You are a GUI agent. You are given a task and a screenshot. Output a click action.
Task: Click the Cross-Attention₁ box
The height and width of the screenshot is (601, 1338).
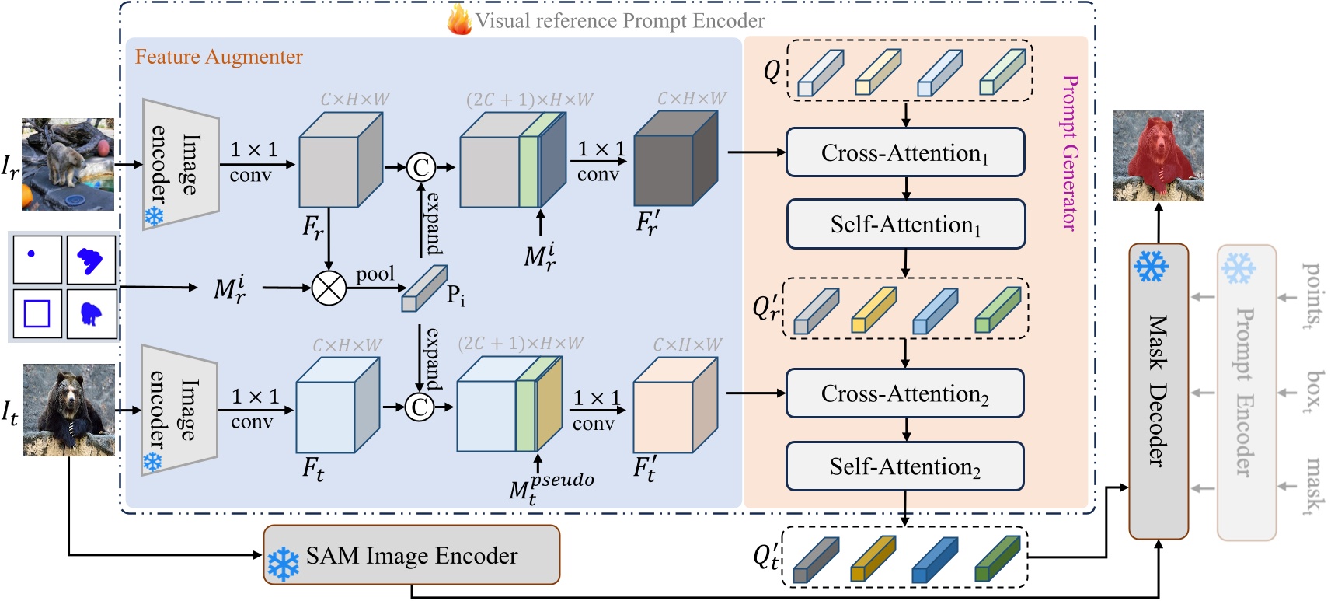[905, 152]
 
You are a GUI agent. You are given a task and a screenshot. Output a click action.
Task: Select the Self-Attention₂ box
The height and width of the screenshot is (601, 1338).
[905, 466]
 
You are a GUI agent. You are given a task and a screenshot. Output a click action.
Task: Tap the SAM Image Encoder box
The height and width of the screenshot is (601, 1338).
[411, 555]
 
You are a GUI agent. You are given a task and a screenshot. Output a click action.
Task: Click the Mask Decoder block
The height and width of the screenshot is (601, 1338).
[1158, 391]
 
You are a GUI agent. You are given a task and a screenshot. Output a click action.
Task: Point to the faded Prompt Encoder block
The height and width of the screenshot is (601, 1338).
[1246, 391]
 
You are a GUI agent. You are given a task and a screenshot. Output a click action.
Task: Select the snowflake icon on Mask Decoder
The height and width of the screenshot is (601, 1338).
[1151, 267]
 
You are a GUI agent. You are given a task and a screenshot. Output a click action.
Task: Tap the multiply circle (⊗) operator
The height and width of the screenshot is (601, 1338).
[329, 288]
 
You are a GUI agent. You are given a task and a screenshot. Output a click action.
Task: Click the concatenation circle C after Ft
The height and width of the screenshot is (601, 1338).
[420, 407]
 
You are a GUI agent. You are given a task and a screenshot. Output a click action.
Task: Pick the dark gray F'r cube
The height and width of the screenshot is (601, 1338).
[674, 159]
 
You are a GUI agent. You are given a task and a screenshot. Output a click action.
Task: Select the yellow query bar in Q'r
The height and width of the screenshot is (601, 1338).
[873, 309]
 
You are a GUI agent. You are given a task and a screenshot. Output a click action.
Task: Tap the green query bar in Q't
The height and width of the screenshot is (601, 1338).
[997, 558]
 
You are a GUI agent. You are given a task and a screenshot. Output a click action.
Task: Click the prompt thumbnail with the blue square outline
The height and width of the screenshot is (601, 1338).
[37, 314]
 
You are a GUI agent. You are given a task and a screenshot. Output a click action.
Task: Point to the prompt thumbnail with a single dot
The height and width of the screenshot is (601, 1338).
[37, 260]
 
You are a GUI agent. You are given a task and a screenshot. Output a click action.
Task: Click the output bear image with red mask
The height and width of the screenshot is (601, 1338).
[1158, 155]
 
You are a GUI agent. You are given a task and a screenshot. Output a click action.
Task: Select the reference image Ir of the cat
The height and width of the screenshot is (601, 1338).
[68, 164]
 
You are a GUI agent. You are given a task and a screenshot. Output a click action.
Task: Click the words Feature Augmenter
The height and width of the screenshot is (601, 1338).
[218, 57]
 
